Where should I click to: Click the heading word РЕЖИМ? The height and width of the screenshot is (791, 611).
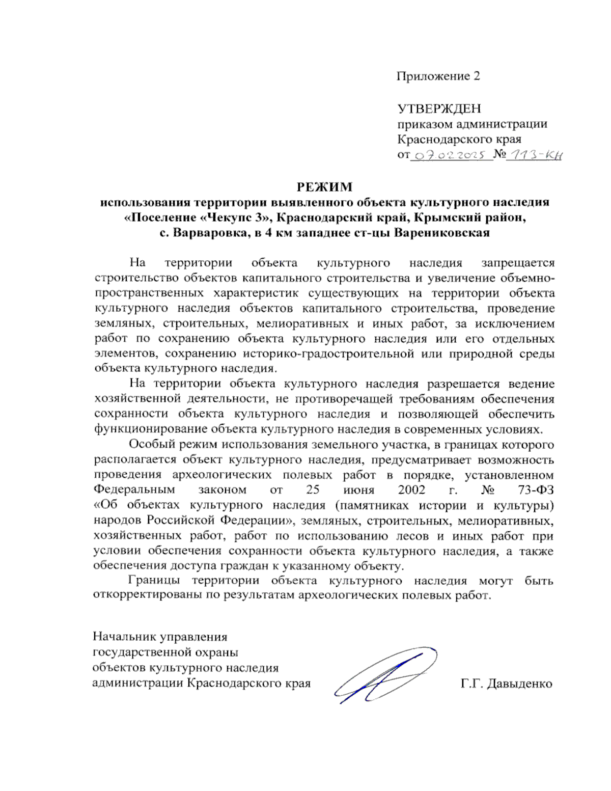pyautogui.click(x=324, y=187)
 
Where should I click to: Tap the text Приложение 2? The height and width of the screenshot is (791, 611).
pyautogui.click(x=438, y=76)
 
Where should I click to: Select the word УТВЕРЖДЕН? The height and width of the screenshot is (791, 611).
pyautogui.click(x=439, y=108)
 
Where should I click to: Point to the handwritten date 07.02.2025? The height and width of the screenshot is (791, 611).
pyautogui.click(x=451, y=155)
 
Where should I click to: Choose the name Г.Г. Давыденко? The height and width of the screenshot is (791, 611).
pyautogui.click(x=507, y=684)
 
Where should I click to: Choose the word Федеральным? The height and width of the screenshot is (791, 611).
pyautogui.click(x=134, y=490)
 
